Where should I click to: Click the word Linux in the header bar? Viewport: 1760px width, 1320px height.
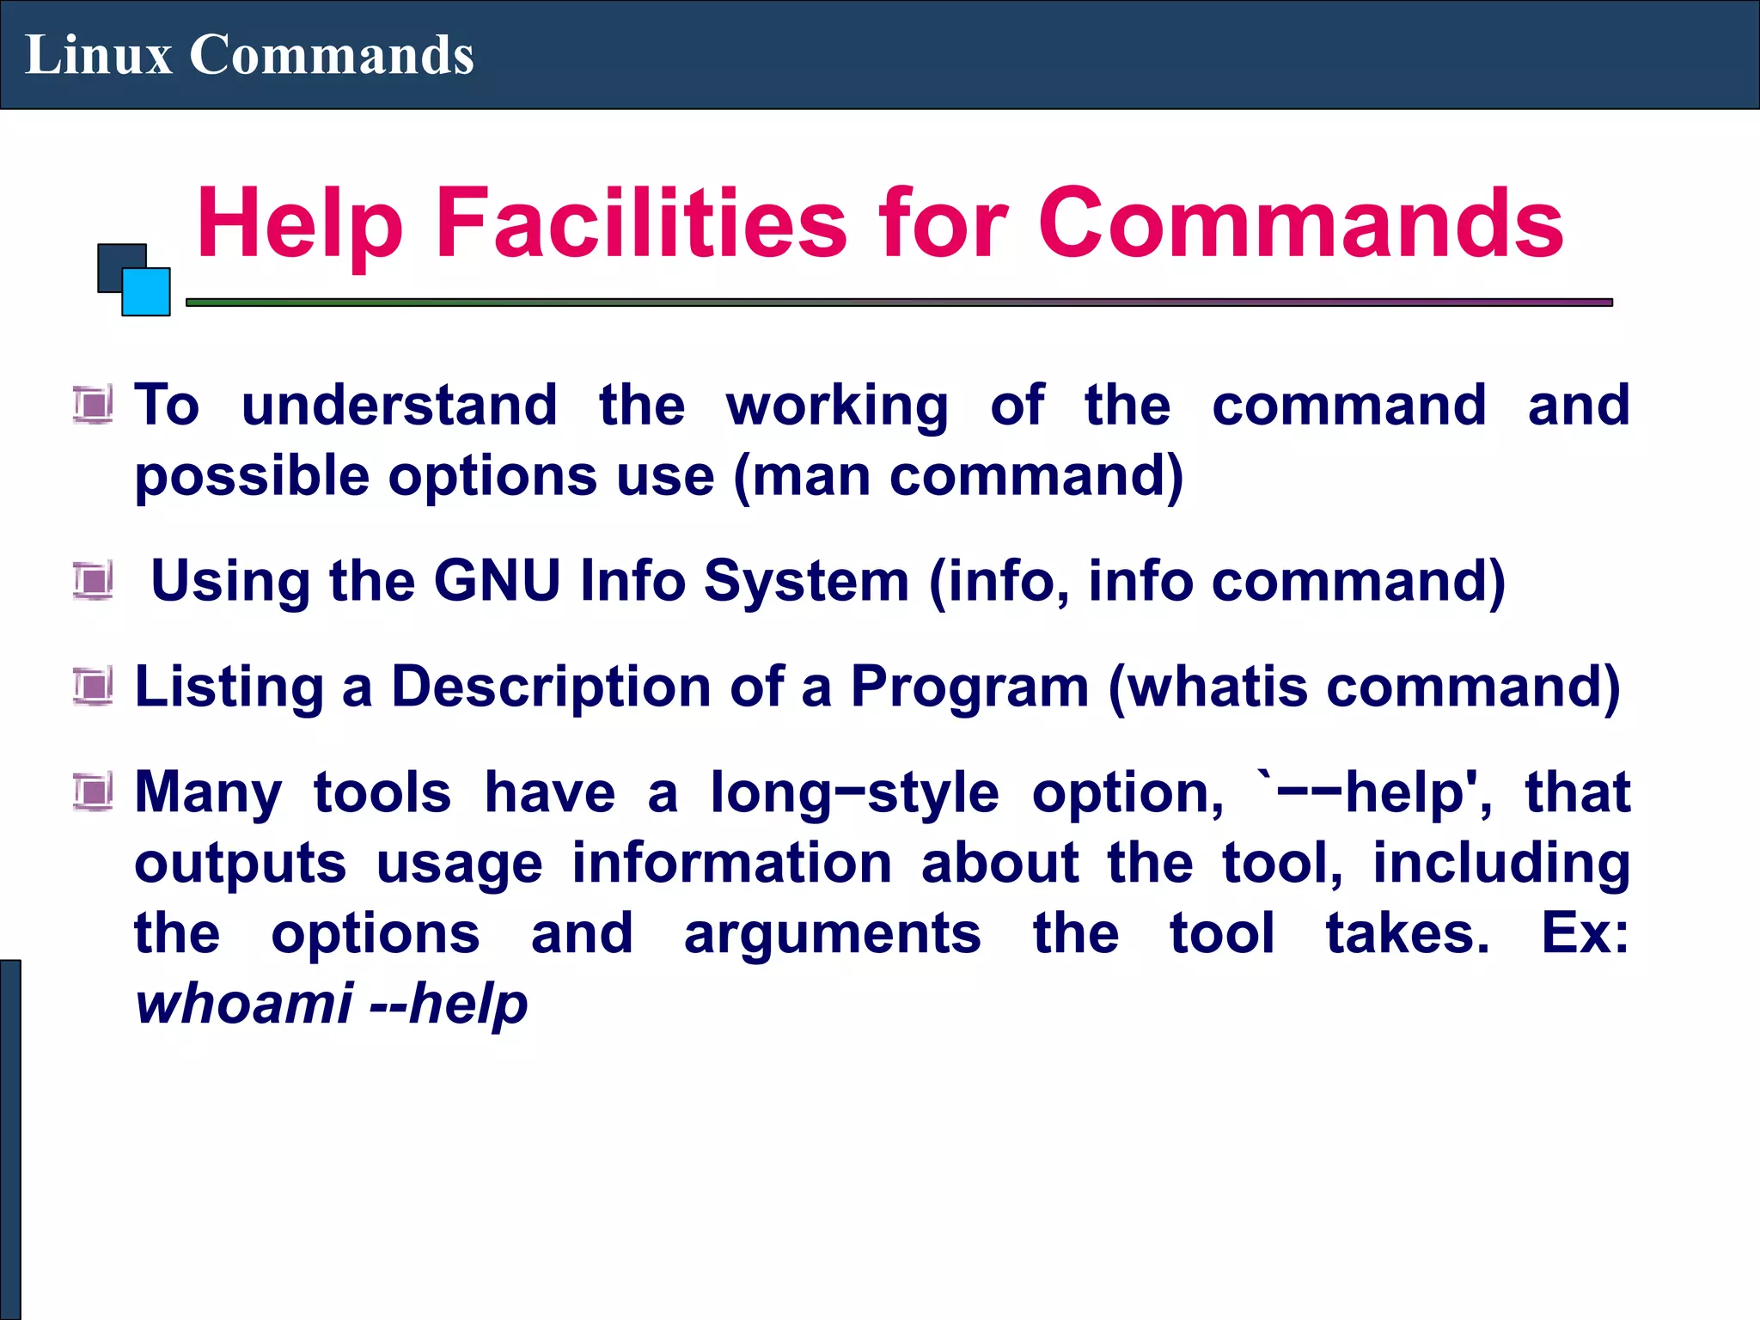(x=98, y=55)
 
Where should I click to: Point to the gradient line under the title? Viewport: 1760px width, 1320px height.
(x=899, y=302)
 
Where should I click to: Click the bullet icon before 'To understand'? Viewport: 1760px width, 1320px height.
(x=93, y=405)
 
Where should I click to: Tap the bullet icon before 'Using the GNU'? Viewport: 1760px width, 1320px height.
(x=93, y=581)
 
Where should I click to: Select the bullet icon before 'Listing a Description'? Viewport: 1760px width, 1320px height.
(x=93, y=687)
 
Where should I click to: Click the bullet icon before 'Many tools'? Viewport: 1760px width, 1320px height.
(x=93, y=791)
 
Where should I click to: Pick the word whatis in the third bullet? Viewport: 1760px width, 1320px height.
(x=1208, y=687)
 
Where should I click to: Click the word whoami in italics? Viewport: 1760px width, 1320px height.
(x=244, y=1004)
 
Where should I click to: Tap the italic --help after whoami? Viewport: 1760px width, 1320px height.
(x=449, y=1004)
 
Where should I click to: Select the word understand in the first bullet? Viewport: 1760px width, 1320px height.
(x=399, y=405)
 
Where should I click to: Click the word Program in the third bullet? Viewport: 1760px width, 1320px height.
(x=969, y=687)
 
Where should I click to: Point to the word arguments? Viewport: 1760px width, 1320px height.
(x=832, y=935)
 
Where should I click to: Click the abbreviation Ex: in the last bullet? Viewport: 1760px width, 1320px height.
(x=1584, y=933)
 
